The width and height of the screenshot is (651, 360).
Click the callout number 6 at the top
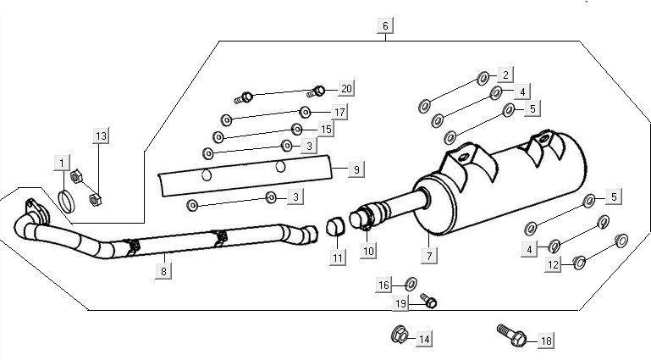(385, 26)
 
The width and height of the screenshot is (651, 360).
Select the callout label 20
(345, 89)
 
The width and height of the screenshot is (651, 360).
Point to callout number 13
(102, 136)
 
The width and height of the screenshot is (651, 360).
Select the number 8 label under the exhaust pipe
(163, 271)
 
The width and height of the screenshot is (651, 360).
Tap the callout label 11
(339, 258)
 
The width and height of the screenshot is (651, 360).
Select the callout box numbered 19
(401, 303)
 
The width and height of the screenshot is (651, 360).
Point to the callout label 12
(553, 265)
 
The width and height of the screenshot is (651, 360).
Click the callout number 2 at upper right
(505, 75)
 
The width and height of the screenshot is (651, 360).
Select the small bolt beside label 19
(428, 302)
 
